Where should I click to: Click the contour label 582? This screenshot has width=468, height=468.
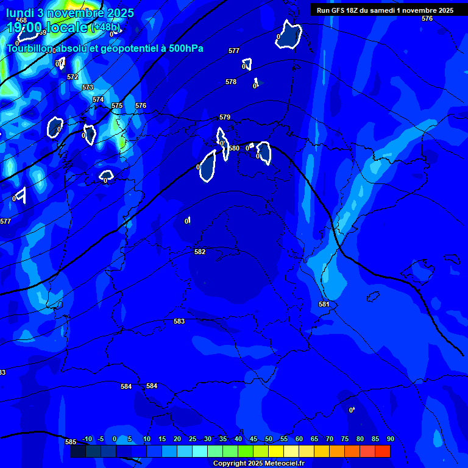(x=200, y=252)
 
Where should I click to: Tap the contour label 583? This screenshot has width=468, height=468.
(x=179, y=321)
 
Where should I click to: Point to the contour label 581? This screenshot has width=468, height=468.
(x=324, y=304)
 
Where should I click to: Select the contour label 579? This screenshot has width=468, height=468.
(x=225, y=117)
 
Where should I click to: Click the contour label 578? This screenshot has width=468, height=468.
(x=231, y=82)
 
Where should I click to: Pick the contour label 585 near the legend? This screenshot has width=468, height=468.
(x=71, y=442)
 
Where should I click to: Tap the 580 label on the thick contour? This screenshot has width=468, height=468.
(x=234, y=148)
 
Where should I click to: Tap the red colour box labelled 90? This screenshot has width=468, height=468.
(x=383, y=452)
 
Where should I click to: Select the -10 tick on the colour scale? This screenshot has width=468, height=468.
(x=87, y=439)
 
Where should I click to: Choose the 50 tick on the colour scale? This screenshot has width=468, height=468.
(x=269, y=439)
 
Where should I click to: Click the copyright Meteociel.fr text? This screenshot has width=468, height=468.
(x=258, y=464)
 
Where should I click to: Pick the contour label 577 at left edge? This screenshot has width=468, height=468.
(x=5, y=221)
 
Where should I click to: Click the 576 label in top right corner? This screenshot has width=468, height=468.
(x=427, y=19)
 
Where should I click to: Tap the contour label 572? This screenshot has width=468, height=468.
(x=73, y=77)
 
